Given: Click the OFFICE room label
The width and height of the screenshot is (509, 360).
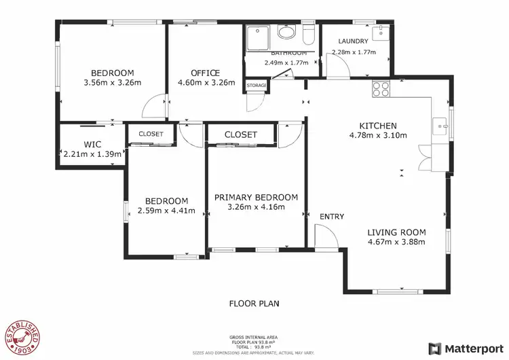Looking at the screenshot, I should click(205, 73).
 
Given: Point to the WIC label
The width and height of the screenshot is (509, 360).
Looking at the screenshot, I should click(92, 144).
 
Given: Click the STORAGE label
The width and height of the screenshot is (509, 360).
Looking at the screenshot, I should click(257, 86).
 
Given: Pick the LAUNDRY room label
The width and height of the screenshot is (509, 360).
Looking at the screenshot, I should click(353, 41).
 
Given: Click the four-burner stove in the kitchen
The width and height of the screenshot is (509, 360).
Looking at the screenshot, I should click(380, 88).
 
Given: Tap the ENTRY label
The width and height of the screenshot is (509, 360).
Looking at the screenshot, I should click(332, 217).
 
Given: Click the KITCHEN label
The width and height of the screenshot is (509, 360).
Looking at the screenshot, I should click(377, 125).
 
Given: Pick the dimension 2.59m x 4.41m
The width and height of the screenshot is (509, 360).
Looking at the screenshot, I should click(166, 211).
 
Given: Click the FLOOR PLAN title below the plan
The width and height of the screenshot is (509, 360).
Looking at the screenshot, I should click(254, 304).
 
